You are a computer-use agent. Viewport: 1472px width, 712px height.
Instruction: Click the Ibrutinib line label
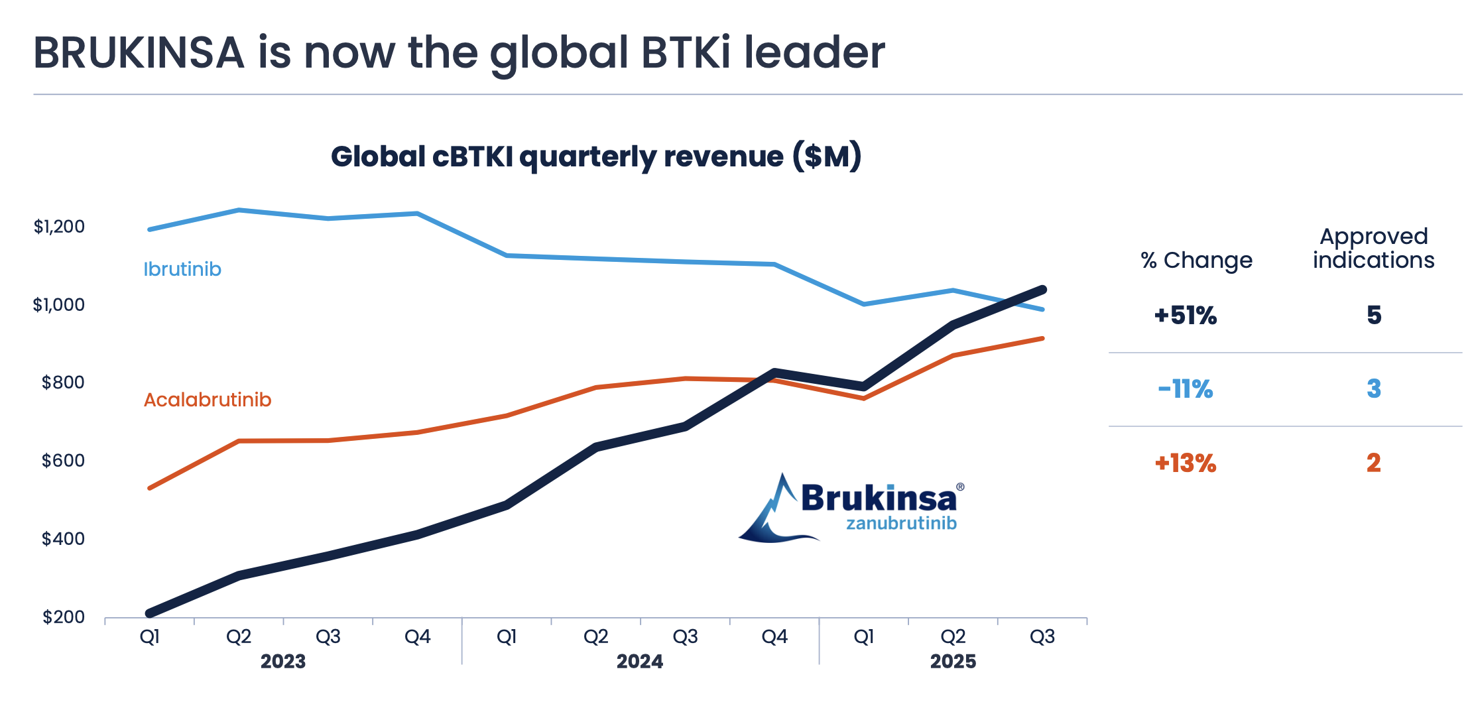pyautogui.click(x=182, y=269)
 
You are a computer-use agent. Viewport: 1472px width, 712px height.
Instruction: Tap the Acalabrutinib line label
pyautogui.click(x=208, y=400)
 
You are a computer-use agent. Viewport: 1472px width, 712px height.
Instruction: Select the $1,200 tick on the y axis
pyautogui.click(x=60, y=227)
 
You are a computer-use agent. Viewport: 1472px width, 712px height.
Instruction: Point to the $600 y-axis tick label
pyautogui.click(x=63, y=461)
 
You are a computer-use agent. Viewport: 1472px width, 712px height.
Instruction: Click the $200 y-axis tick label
pyautogui.click(x=64, y=617)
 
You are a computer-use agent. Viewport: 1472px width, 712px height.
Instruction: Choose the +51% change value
pyautogui.click(x=1186, y=316)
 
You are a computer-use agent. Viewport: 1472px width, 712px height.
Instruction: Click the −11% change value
pyautogui.click(x=1186, y=389)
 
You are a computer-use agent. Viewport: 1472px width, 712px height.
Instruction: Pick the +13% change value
pyautogui.click(x=1186, y=463)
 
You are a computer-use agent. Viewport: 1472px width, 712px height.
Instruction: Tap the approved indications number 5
pyautogui.click(x=1374, y=316)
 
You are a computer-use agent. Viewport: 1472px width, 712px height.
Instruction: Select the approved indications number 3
pyautogui.click(x=1374, y=389)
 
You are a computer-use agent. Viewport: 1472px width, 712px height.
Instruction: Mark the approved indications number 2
pyautogui.click(x=1374, y=463)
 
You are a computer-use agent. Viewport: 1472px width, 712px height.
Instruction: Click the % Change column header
pyautogui.click(x=1197, y=261)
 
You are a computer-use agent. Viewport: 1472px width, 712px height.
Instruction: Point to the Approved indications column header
pyautogui.click(x=1374, y=249)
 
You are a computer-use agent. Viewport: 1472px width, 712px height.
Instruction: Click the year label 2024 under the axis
pyautogui.click(x=640, y=662)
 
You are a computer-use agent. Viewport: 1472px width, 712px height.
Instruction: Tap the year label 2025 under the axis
pyautogui.click(x=953, y=662)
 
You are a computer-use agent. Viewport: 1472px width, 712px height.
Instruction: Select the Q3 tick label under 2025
pyautogui.click(x=1042, y=637)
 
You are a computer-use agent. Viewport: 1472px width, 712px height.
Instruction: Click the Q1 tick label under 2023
pyautogui.click(x=150, y=637)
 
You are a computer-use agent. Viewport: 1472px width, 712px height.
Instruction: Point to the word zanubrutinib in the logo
pyautogui.click(x=901, y=524)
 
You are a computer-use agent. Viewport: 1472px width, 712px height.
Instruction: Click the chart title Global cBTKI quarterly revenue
pyautogui.click(x=596, y=157)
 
